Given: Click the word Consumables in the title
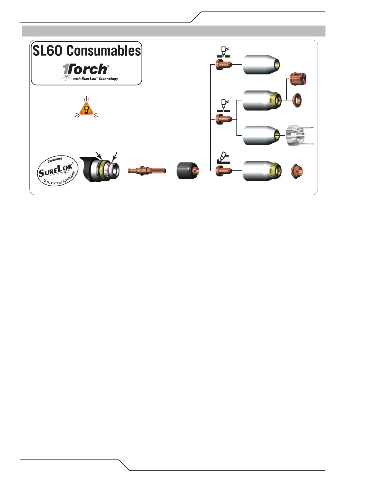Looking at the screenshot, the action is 104,51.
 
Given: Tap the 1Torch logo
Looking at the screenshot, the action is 86,70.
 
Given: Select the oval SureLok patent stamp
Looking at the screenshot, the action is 57,171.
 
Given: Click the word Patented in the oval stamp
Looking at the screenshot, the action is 55,160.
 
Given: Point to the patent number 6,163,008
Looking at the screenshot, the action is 69,178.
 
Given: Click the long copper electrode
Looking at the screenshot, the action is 146,171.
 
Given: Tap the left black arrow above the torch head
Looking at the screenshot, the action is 98,155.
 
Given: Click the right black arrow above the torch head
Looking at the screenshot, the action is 114,156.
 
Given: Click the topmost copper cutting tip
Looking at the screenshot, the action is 224,65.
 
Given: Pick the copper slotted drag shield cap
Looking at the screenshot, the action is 298,79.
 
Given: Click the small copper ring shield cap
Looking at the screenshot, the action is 297,100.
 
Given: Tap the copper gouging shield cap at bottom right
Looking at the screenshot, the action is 296,171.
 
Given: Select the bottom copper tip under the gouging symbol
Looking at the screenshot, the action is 224,171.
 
